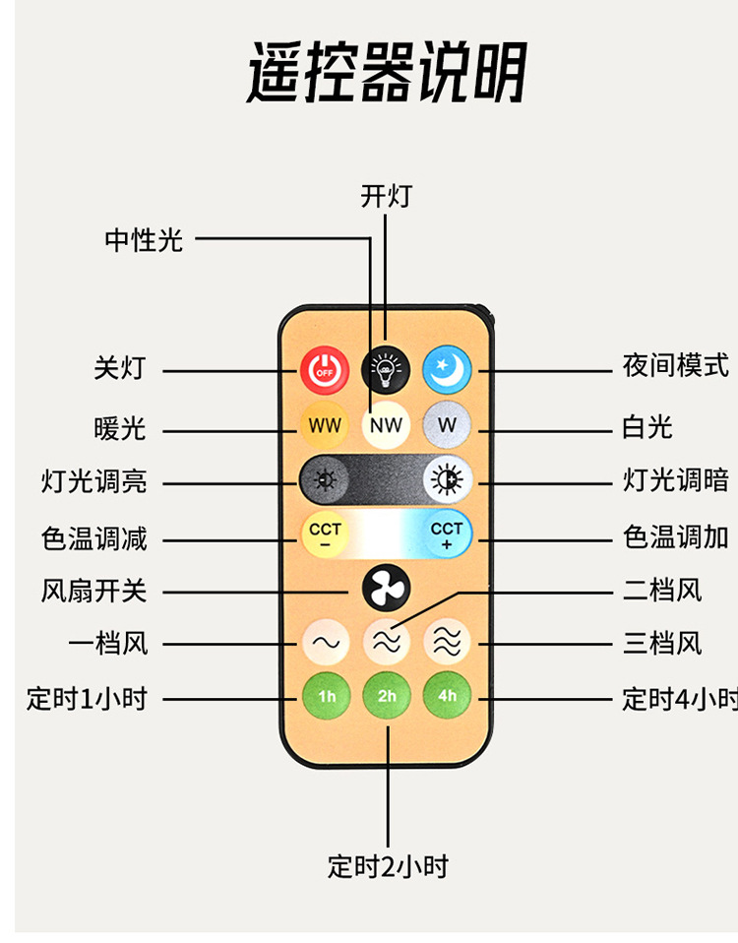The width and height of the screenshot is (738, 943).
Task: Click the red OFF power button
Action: (x=324, y=370)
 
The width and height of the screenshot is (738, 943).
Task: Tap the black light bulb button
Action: (x=386, y=370)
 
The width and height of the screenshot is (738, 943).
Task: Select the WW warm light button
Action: (x=325, y=425)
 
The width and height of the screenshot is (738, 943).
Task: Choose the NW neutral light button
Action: (x=386, y=425)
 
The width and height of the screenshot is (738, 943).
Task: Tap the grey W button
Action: (x=448, y=425)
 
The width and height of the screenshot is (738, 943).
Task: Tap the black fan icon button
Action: (x=386, y=589)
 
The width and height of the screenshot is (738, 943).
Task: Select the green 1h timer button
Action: (x=326, y=696)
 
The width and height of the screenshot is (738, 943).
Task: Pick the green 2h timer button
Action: (x=387, y=696)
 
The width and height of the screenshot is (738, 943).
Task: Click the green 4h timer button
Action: (x=448, y=696)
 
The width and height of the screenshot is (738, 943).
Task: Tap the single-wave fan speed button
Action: (x=326, y=643)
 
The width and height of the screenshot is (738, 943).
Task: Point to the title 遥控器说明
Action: (x=386, y=72)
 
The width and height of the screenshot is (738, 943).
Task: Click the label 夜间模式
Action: (x=675, y=366)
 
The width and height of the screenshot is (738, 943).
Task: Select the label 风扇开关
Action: (x=93, y=591)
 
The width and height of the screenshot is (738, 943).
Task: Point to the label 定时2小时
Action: (x=388, y=866)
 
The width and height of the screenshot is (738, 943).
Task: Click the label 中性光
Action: (x=144, y=239)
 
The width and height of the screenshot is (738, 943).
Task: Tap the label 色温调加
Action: (x=675, y=536)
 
